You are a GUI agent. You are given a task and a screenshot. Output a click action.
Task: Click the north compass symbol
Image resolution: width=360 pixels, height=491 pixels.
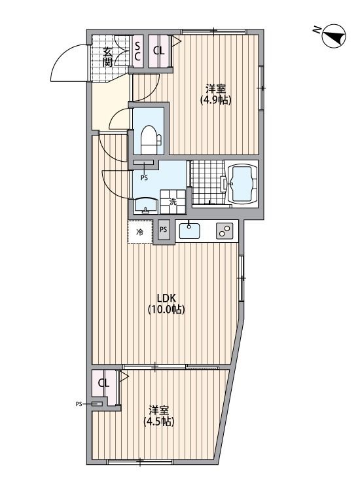[332, 36]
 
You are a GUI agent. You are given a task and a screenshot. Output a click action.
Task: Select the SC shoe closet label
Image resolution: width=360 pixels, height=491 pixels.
[138, 51]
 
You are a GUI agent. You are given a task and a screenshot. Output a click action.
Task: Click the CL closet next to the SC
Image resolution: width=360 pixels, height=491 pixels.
[158, 50]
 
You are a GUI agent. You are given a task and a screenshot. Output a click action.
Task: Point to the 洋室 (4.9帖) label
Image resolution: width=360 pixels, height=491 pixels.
[216, 94]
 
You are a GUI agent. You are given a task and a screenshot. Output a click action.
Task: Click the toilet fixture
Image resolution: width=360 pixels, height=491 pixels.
[149, 138]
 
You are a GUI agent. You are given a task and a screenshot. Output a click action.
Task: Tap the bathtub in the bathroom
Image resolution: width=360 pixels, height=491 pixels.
[242, 184]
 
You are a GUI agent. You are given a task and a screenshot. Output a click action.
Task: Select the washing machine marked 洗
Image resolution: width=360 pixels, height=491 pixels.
[173, 202]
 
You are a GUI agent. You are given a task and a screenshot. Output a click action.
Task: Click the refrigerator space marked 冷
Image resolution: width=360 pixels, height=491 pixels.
[139, 232]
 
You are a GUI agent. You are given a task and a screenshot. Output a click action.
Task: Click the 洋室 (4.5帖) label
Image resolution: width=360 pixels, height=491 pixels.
[159, 416]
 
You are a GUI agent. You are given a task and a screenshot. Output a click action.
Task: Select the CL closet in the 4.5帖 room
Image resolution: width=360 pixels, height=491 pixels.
[103, 384]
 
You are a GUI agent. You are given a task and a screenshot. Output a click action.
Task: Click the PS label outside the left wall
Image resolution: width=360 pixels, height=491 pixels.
[80, 405]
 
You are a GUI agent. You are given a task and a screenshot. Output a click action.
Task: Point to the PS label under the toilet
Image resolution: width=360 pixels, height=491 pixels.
[143, 176]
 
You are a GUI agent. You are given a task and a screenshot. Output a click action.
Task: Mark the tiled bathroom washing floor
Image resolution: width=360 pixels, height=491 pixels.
[205, 182]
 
